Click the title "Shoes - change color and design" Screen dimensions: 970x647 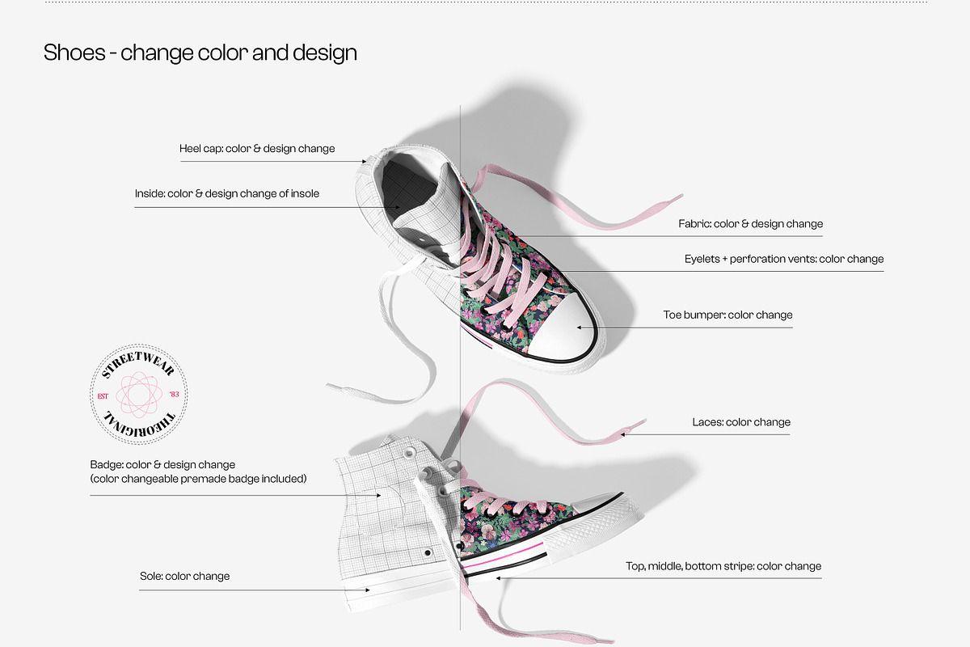[x=200, y=53]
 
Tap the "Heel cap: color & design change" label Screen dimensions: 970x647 [x=257, y=149]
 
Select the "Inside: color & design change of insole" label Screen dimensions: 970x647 [x=227, y=194]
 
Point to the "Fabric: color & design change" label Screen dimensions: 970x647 [x=750, y=224]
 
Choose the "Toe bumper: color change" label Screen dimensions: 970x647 [x=728, y=315]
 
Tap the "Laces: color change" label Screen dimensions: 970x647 [x=741, y=422]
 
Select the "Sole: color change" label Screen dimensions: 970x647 [x=185, y=577]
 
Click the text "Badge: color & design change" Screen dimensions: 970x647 [x=162, y=464]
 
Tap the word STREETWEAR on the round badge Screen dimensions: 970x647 [x=137, y=364]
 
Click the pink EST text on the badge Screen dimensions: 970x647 [x=103, y=396]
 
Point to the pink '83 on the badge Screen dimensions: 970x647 [x=174, y=395]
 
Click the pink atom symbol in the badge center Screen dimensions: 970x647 [x=139, y=395]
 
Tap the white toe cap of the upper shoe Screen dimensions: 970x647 [x=563, y=329]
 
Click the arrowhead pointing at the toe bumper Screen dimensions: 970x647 [x=580, y=328]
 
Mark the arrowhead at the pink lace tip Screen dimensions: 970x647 [x=623, y=434]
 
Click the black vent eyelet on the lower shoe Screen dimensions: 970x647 [x=428, y=553]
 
